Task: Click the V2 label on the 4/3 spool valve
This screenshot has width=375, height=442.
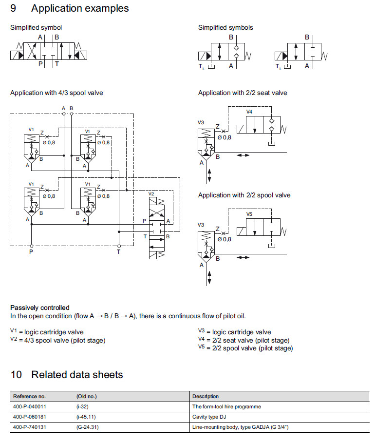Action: point(151,194)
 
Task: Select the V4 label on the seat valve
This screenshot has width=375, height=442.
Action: point(249,112)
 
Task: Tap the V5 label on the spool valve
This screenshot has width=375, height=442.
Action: point(249,214)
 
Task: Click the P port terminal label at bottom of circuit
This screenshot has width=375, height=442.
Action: point(31,252)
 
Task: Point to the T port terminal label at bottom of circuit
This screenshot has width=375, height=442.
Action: point(118,252)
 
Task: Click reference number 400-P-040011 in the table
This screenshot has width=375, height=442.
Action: point(29,406)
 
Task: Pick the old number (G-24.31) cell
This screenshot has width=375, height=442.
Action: point(87,427)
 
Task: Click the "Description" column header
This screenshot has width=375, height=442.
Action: point(206,396)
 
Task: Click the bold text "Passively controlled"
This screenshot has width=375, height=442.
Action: point(40,307)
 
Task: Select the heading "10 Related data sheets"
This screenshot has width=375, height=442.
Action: point(67,375)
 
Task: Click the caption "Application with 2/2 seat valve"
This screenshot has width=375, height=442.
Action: point(243,93)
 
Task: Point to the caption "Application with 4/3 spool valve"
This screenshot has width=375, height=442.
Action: point(56,93)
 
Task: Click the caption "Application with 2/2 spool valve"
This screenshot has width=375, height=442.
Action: point(244,195)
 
